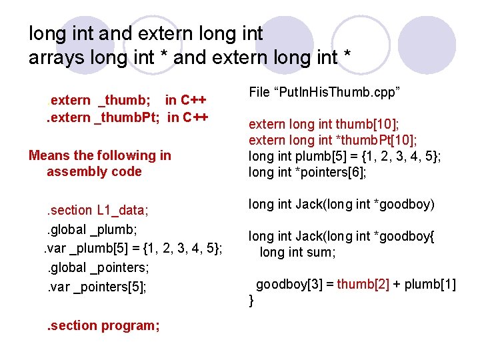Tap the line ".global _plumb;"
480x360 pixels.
[x=91, y=229]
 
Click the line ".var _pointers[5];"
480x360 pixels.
[x=96, y=287]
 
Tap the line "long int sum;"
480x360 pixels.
[x=297, y=252]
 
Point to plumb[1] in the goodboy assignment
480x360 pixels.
[x=429, y=285]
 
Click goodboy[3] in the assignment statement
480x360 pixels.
[x=285, y=285]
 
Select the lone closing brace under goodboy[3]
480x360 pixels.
[x=251, y=301]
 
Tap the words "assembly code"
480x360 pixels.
[x=94, y=171]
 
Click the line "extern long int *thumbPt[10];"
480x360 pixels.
[x=333, y=140]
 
